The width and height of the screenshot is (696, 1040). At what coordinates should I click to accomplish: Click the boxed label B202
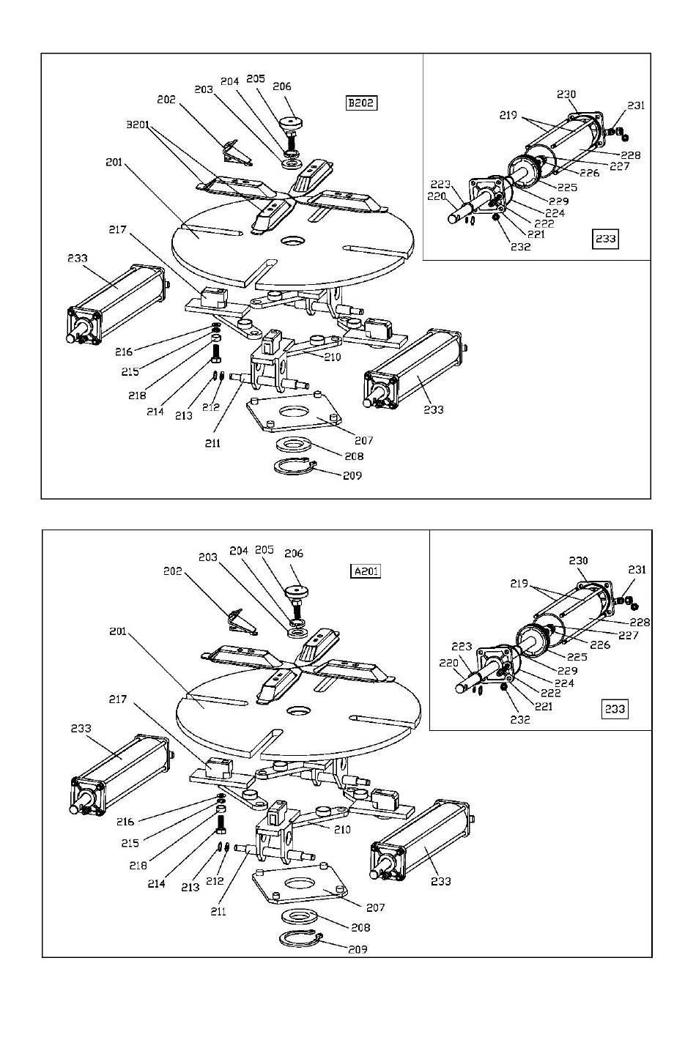(x=361, y=103)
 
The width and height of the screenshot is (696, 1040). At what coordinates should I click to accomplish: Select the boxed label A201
(x=366, y=571)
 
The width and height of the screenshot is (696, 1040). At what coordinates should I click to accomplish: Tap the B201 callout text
(x=138, y=125)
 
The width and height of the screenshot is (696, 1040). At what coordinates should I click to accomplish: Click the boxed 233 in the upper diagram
(x=605, y=239)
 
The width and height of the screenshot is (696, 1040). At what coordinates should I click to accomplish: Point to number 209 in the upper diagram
(x=352, y=475)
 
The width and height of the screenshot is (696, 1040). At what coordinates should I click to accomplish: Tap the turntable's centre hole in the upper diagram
(x=292, y=242)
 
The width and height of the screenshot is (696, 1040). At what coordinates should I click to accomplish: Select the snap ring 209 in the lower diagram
(x=300, y=939)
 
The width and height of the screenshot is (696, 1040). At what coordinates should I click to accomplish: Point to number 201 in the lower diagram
(x=117, y=631)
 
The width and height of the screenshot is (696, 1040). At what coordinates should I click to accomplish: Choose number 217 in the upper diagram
(x=117, y=229)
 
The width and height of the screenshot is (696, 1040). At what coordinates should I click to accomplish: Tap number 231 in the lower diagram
(x=637, y=570)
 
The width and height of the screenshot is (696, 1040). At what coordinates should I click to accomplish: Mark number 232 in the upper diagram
(x=520, y=247)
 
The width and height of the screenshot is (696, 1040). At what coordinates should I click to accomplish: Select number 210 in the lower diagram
(x=342, y=830)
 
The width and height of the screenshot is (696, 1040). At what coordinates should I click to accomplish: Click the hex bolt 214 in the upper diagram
(x=216, y=354)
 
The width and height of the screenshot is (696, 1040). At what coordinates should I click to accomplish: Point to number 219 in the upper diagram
(x=508, y=115)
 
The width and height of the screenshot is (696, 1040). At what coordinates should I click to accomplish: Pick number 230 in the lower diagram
(x=578, y=561)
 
